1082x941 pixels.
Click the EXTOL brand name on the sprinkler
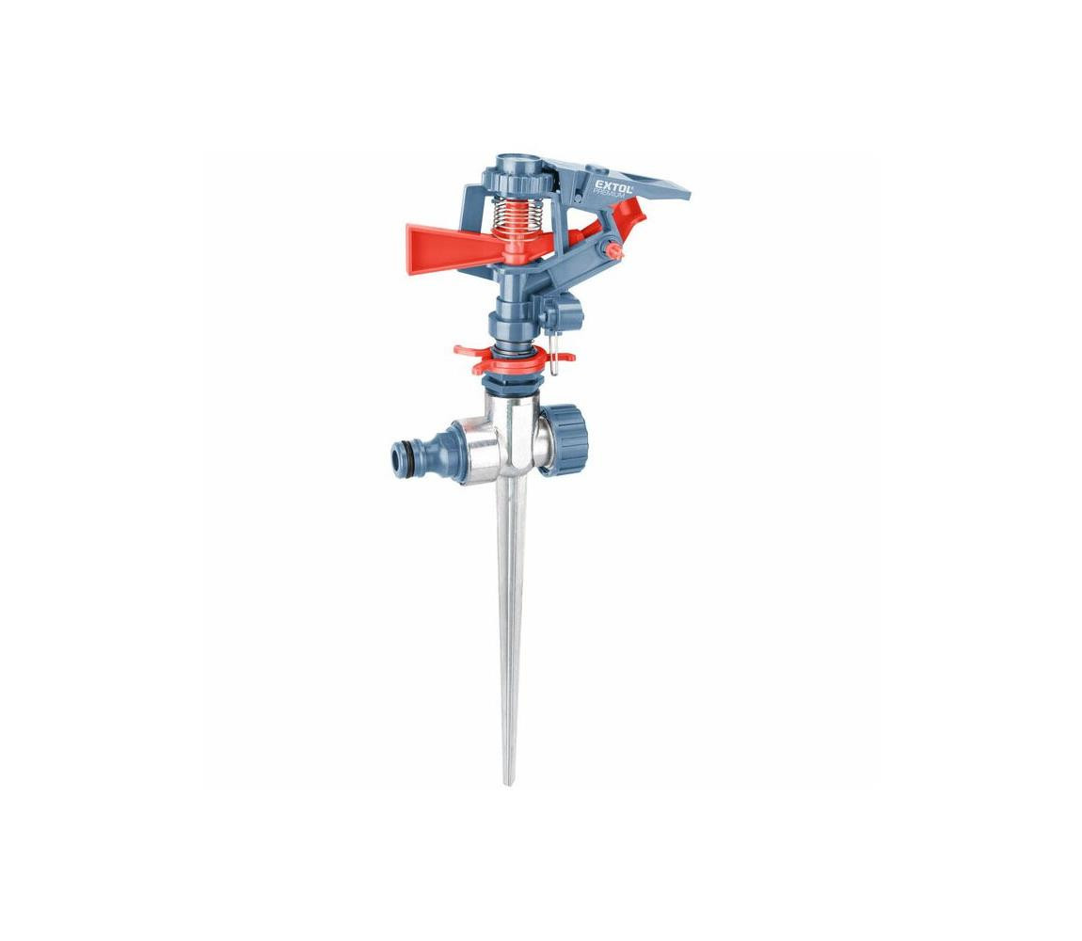(x=613, y=184)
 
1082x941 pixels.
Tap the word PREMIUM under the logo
(x=610, y=195)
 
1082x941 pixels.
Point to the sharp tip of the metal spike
(x=509, y=783)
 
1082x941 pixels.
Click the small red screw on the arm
(x=612, y=250)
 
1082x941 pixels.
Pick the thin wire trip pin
(x=552, y=355)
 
